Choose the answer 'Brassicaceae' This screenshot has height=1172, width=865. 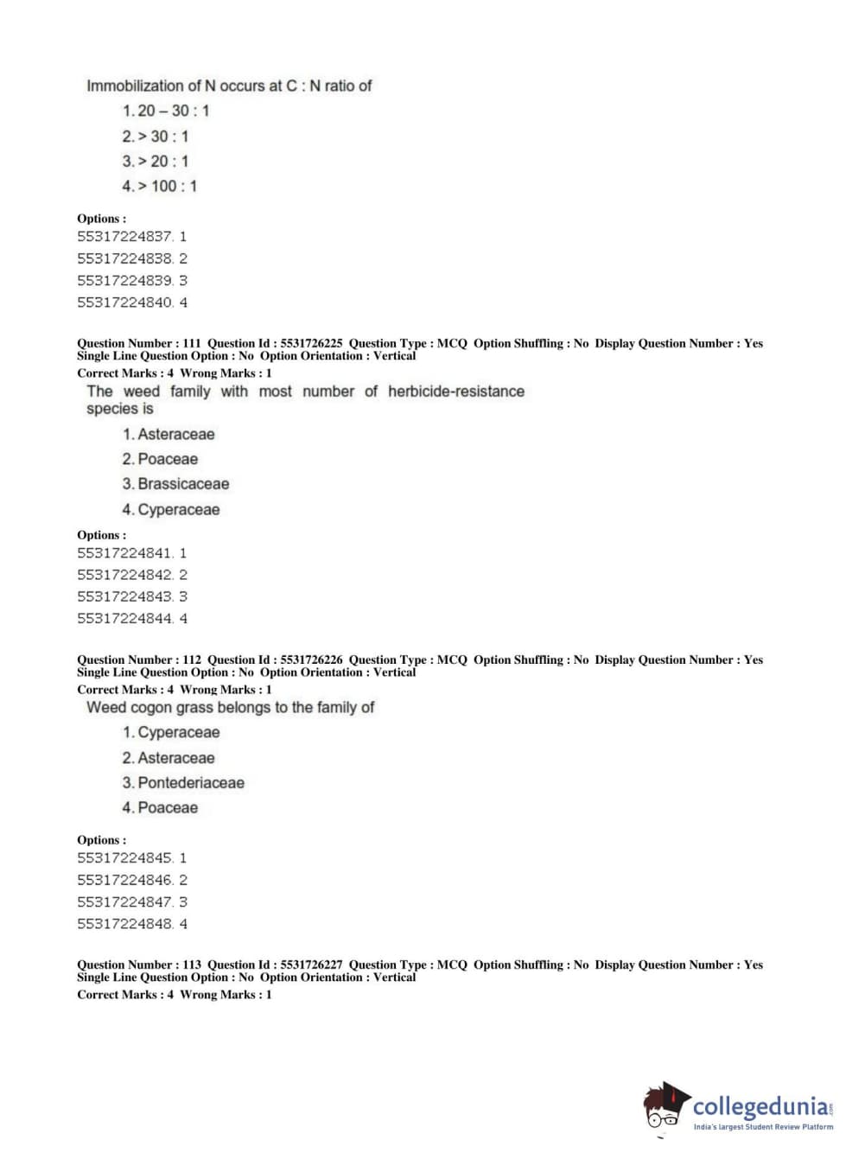183,484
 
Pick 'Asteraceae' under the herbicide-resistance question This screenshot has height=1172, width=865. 175,434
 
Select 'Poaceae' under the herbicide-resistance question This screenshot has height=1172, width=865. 168,459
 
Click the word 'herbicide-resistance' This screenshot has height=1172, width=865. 455,392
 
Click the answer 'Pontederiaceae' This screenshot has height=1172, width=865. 191,783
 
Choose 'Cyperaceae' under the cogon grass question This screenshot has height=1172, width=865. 178,733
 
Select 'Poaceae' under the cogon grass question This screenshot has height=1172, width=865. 168,808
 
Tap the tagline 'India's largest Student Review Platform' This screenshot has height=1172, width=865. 763,1127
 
